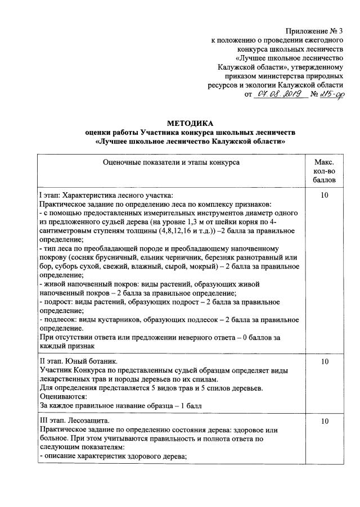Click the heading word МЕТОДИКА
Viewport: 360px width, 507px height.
tap(190, 123)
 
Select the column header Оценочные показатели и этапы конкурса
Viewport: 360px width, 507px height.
tap(171, 162)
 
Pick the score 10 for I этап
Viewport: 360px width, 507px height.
tap(324, 194)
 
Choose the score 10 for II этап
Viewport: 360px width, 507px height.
tap(324, 362)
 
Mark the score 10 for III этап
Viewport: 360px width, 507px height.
tap(324, 420)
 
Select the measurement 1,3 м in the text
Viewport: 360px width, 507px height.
tap(209, 221)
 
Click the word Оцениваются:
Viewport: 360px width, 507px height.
tap(63, 396)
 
